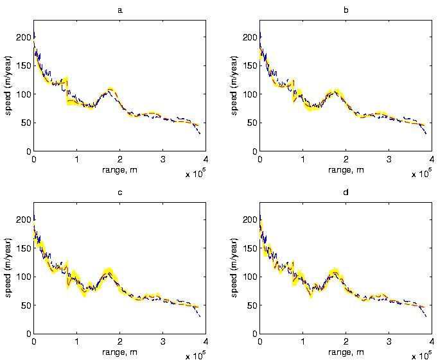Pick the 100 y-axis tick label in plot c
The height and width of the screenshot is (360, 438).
24,277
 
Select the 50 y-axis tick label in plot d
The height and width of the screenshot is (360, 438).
253,305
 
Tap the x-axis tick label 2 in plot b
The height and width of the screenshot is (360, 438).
346,158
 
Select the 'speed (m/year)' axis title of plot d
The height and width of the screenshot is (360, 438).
236,268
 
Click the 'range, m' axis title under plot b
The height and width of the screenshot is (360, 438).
346,168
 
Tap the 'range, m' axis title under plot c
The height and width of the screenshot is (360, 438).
119,351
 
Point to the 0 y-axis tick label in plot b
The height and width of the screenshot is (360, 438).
255,151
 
